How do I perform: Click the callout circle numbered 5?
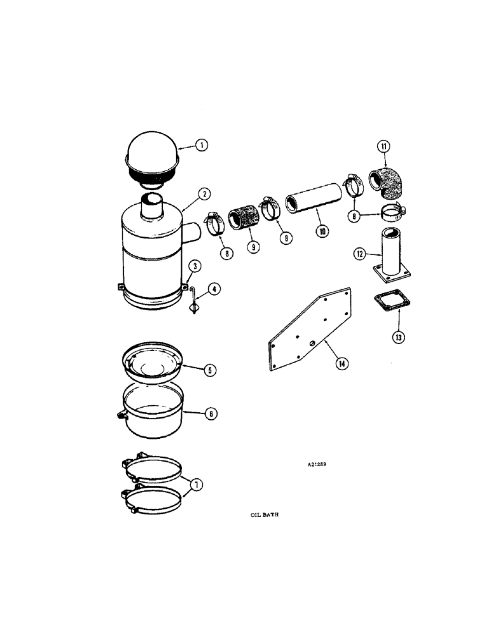coord(209,370)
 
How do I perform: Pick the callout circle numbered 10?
coord(322,232)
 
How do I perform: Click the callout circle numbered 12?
coord(360,254)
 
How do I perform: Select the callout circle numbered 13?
coord(399,336)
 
